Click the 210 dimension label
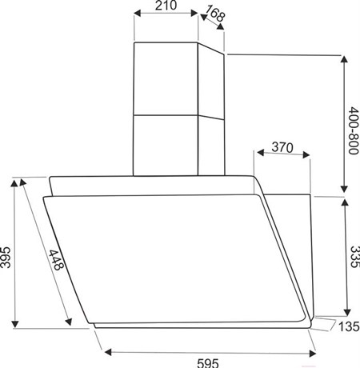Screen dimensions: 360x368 point(166,6)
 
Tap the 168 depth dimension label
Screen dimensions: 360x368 point(215,13)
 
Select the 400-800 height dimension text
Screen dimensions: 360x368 point(354,130)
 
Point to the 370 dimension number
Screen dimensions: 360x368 point(282,147)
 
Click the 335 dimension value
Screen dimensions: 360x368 point(354,257)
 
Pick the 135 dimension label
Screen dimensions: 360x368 point(349,326)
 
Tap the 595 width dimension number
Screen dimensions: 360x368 point(208,363)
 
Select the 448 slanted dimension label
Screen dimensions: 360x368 point(56,260)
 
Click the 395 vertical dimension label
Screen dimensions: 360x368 point(6,258)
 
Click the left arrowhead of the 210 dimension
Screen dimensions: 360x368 point(137,14)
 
